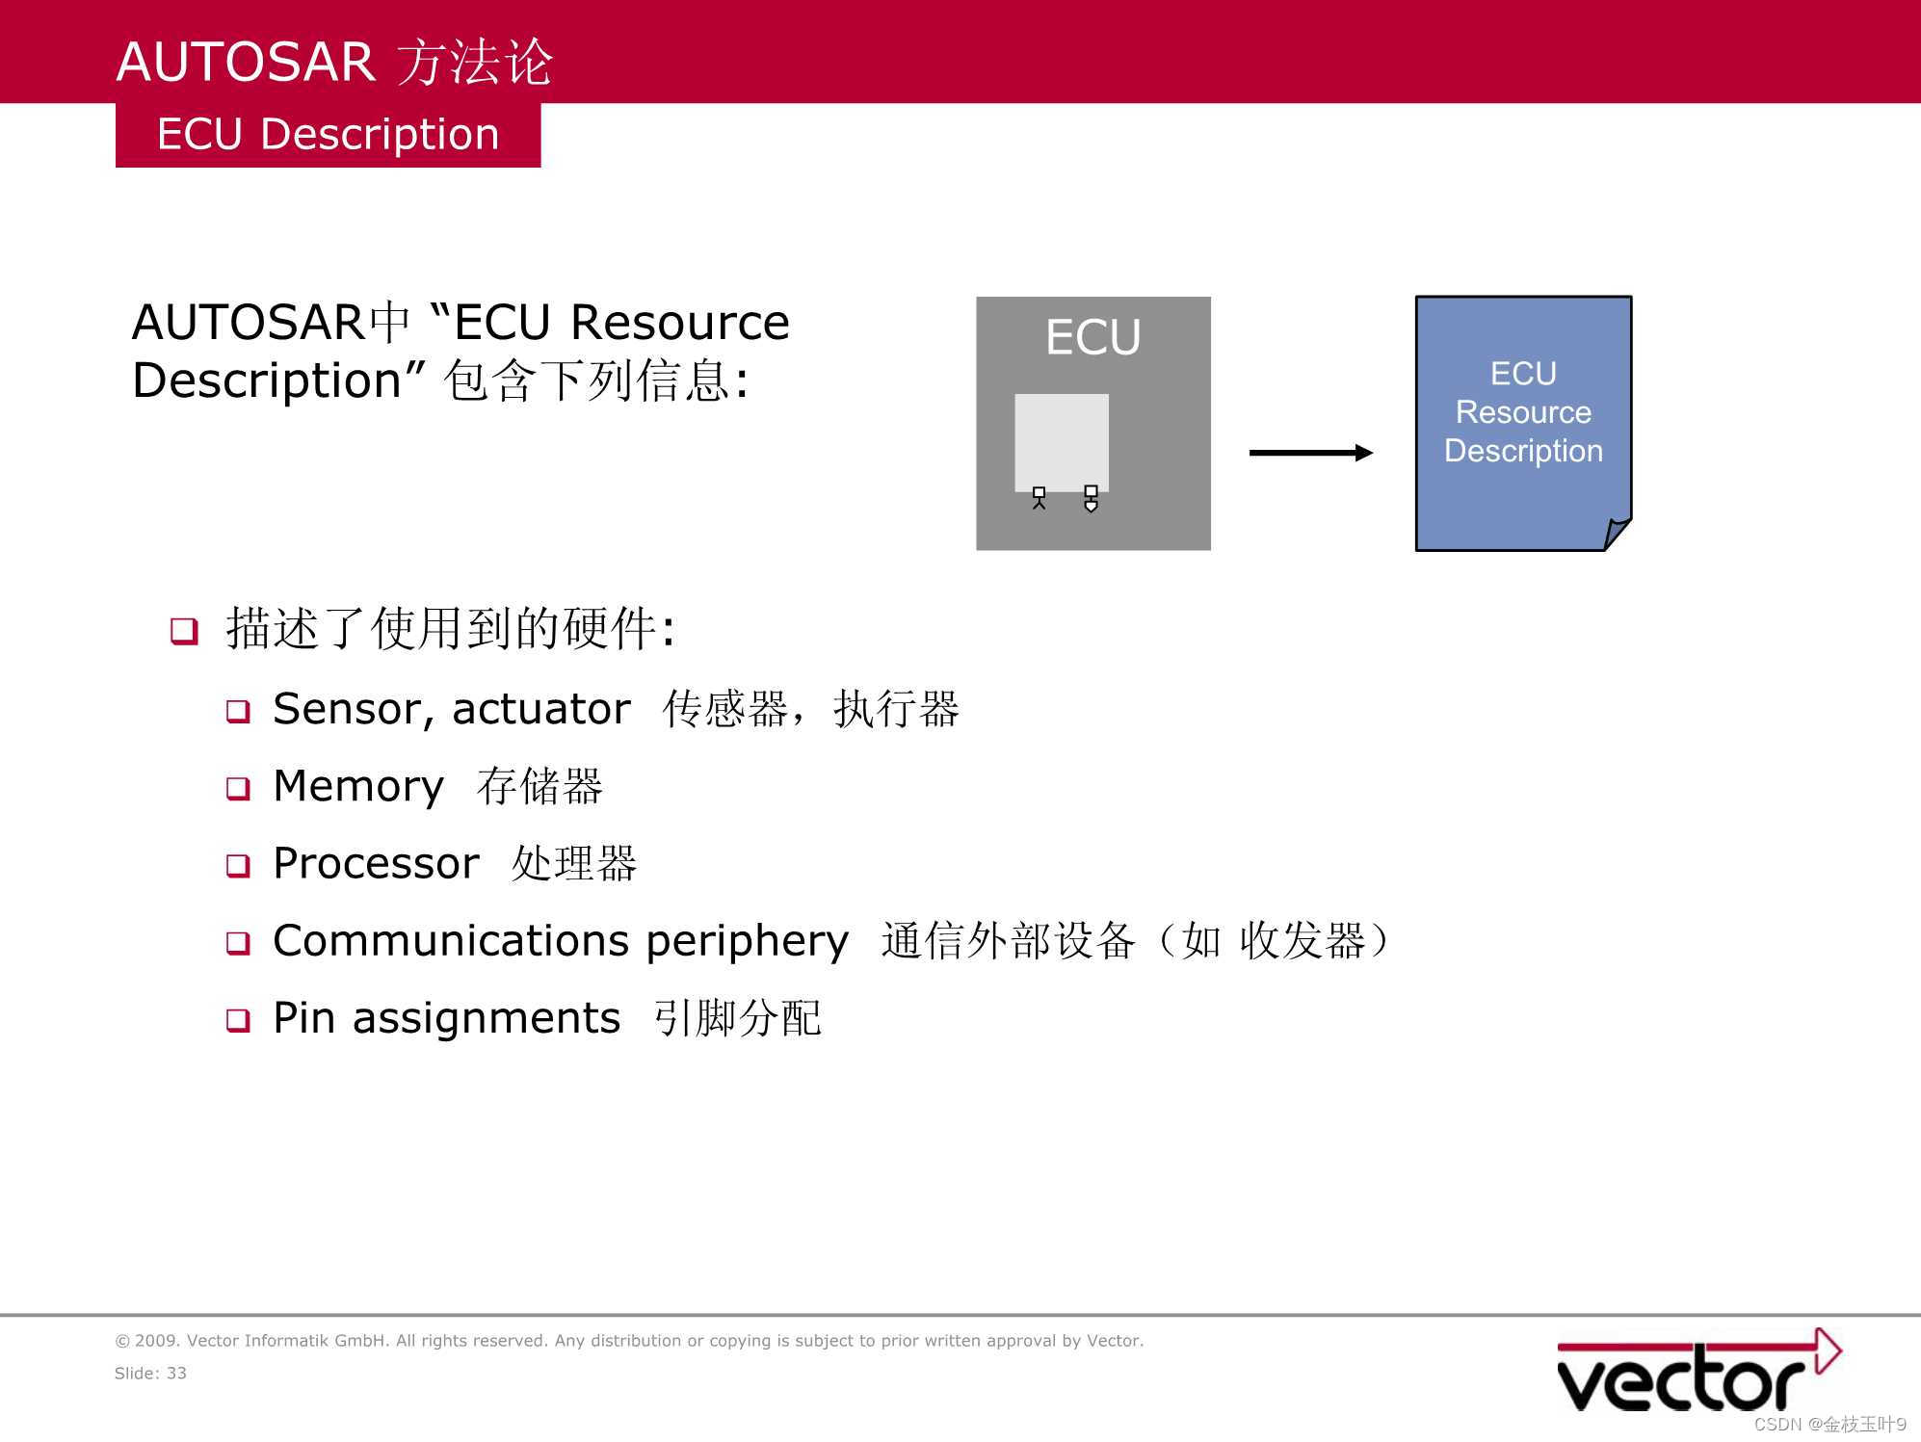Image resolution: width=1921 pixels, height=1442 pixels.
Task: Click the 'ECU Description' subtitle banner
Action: pyautogui.click(x=328, y=135)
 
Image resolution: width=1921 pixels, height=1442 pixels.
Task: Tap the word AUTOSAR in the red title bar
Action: pyautogui.click(x=245, y=63)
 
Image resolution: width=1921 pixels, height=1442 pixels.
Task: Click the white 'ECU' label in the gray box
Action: pyautogui.click(x=1093, y=337)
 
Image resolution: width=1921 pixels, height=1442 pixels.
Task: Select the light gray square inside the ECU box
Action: pyautogui.click(x=1061, y=441)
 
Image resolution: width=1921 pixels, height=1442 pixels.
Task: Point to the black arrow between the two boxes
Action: pyautogui.click(x=1310, y=453)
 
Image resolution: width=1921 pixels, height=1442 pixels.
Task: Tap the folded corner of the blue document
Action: pyautogui.click(x=1617, y=533)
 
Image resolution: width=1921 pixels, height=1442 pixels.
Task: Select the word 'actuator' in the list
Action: pyautogui.click(x=541, y=710)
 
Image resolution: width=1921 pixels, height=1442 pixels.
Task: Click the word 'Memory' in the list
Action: pyautogui.click(x=358, y=787)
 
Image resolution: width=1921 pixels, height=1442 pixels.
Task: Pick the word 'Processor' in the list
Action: pyautogui.click(x=376, y=864)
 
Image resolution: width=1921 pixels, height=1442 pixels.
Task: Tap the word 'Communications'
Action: pyautogui.click(x=452, y=941)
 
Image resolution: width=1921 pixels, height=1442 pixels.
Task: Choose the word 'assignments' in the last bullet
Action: pyautogui.click(x=487, y=1018)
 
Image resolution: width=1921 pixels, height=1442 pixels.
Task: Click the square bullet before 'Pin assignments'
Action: pyautogui.click(x=238, y=1020)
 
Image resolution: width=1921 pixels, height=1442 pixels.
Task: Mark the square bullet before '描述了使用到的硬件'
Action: pyautogui.click(x=184, y=632)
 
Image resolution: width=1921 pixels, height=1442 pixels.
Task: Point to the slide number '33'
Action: pyautogui.click(x=176, y=1374)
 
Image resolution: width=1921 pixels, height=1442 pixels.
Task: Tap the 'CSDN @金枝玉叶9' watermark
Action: pyautogui.click(x=1829, y=1425)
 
